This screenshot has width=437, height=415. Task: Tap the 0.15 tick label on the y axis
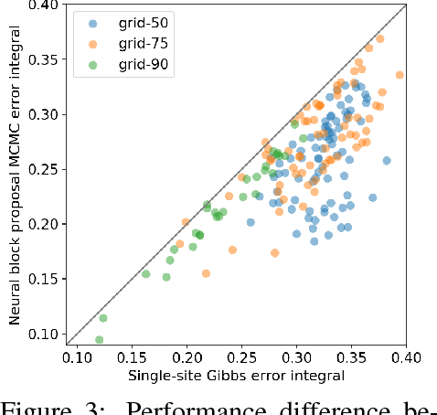(x=44, y=279)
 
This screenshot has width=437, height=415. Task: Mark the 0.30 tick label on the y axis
(x=44, y=115)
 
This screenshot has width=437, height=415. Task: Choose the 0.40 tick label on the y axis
(x=44, y=6)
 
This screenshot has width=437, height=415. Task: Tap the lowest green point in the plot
(x=99, y=340)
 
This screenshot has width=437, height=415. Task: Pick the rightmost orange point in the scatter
(x=400, y=75)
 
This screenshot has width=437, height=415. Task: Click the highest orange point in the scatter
(x=380, y=38)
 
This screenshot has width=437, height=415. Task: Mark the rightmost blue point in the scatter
(x=387, y=161)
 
